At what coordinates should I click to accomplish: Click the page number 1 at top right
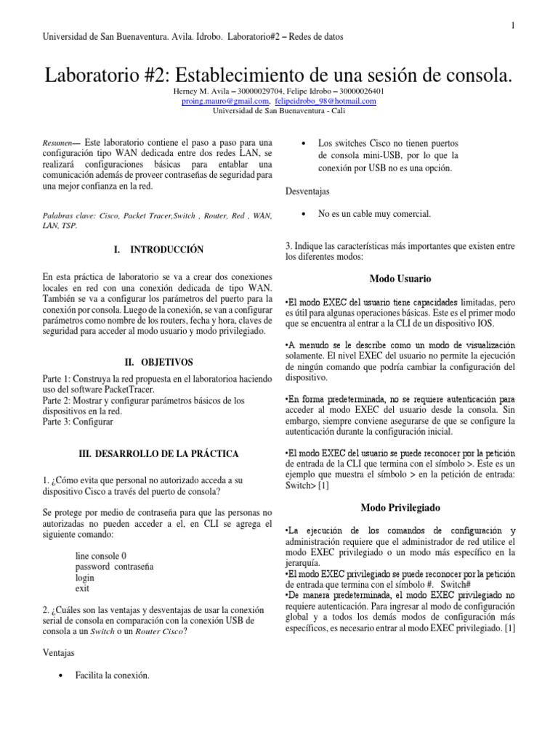pyautogui.click(x=514, y=25)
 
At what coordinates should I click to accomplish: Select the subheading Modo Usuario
pyautogui.click(x=400, y=279)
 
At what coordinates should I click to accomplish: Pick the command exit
pyautogui.click(x=82, y=588)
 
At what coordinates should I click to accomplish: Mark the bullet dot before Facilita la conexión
pyautogui.click(x=59, y=676)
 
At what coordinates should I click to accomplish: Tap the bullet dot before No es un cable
pyautogui.click(x=302, y=213)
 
